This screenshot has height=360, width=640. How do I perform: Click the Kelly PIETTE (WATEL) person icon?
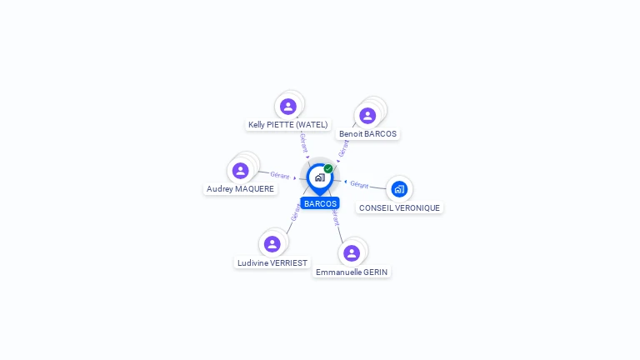tap(288, 107)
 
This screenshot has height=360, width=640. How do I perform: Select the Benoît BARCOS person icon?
tap(367, 116)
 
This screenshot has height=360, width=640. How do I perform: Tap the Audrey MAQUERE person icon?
tap(240, 171)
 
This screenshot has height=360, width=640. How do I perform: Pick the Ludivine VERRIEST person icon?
tap(272, 244)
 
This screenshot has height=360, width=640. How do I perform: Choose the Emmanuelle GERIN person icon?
tap(352, 253)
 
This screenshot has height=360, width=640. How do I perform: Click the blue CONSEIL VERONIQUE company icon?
tap(399, 189)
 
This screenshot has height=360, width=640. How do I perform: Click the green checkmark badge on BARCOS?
tap(328, 168)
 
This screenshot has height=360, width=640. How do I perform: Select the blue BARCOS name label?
tap(320, 203)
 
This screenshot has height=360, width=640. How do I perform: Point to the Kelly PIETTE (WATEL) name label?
tap(288, 124)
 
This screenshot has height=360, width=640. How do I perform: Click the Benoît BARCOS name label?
tap(367, 134)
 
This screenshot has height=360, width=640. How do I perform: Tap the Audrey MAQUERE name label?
tap(240, 188)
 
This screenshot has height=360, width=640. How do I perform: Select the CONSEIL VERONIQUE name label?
tap(400, 207)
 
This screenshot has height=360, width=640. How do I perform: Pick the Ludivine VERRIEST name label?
tap(272, 262)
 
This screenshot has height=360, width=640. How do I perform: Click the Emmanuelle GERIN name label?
tap(352, 272)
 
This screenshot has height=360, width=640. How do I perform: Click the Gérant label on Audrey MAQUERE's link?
tap(280, 176)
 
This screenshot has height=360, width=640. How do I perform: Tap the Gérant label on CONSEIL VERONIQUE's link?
tap(359, 184)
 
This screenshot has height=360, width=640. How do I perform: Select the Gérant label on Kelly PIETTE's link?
tap(303, 142)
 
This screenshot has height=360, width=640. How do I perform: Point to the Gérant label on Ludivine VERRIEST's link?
tap(296, 212)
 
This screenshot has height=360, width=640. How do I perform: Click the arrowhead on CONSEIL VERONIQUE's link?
tap(346, 182)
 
